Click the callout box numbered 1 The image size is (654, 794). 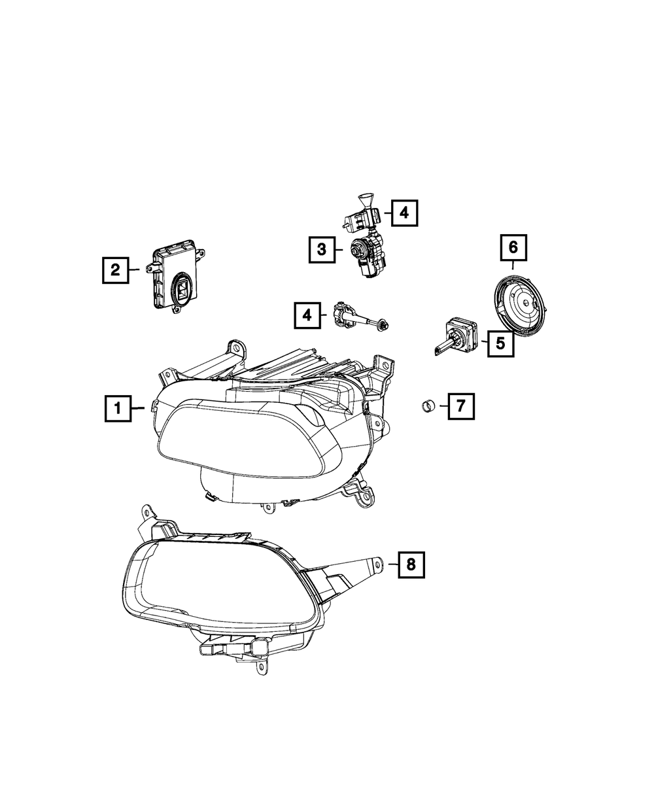click(x=118, y=409)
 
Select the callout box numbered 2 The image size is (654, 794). click(x=115, y=269)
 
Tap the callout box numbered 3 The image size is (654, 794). click(x=322, y=249)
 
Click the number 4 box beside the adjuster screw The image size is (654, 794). click(x=306, y=316)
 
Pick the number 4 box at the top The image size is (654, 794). click(x=404, y=212)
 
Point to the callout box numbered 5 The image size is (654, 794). click(x=500, y=342)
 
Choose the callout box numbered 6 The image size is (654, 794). click(x=513, y=247)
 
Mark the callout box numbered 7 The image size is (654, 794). click(x=460, y=406)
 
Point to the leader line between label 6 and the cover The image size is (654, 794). click(x=513, y=264)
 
